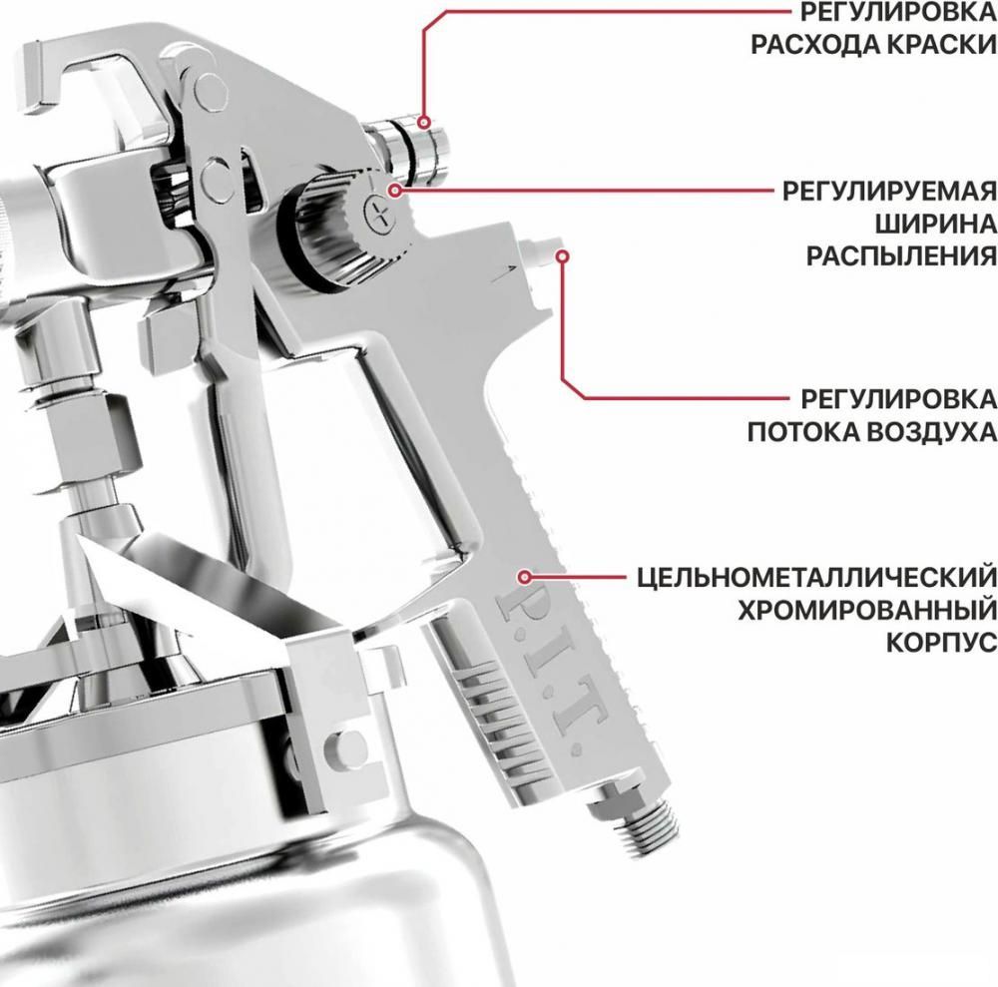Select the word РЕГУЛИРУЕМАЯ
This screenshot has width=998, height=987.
pyautogui.click(x=889, y=191)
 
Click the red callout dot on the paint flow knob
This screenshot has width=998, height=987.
pyautogui.click(x=424, y=122)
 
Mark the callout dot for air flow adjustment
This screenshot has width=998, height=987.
pyautogui.click(x=562, y=255)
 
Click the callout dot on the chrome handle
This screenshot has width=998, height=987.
pyautogui.click(x=524, y=576)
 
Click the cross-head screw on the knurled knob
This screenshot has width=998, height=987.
pyautogui.click(x=380, y=211)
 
